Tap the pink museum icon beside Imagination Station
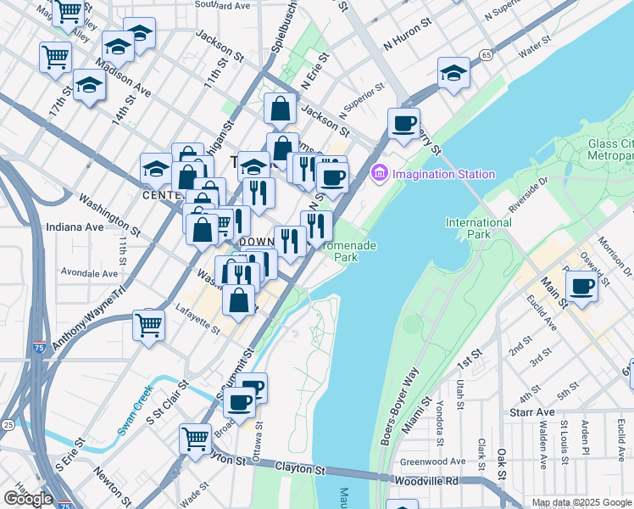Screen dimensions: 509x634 point(379,174)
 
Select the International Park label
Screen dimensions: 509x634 point(479,228)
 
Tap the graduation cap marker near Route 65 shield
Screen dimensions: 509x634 point(454,74)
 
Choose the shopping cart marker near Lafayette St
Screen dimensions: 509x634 point(149,325)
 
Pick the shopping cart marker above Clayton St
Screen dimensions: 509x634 point(195,439)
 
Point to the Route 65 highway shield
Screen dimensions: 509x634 point(485,55)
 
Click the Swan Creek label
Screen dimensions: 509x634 point(135,409)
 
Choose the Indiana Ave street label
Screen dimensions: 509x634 point(75,227)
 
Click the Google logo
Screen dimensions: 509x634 point(28,498)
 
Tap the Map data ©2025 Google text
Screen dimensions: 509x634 point(581,502)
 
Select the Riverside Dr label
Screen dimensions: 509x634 point(530,195)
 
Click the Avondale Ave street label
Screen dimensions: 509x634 point(89,273)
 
